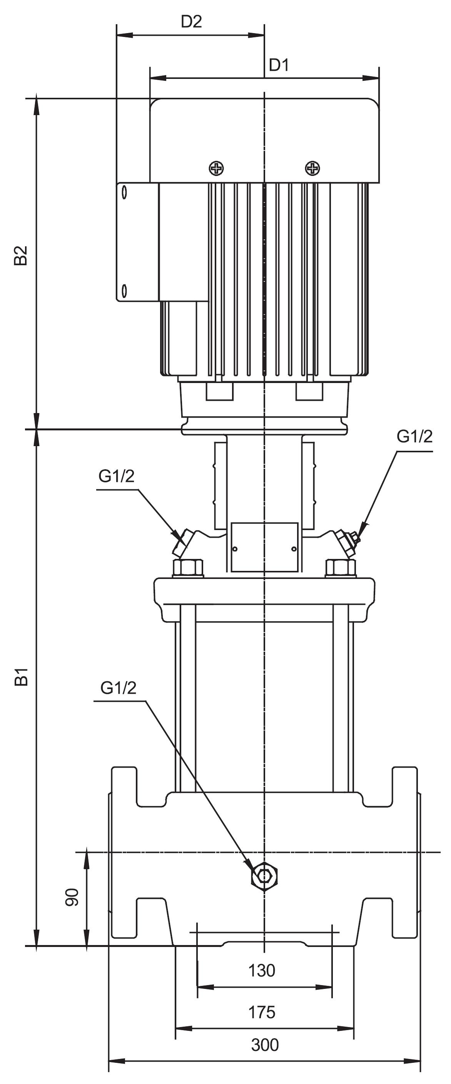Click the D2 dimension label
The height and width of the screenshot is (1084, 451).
coord(191,22)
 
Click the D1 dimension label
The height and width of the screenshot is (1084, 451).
coord(279,65)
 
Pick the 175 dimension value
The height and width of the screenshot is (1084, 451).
coord(262,1012)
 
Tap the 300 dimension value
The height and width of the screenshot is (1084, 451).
coord(265,1045)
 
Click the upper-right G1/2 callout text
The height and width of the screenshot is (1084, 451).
coord(414,437)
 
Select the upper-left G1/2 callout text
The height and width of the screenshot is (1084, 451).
coord(117,476)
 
